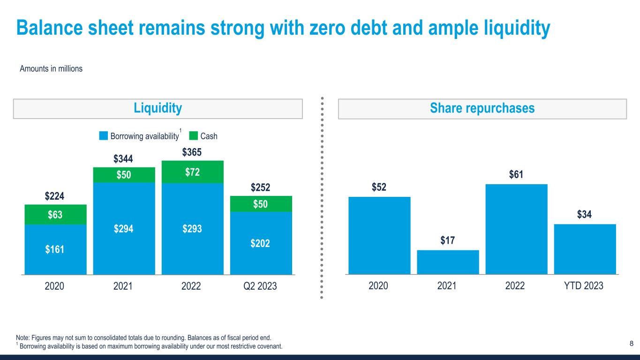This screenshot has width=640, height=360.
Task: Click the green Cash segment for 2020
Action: click(55, 215)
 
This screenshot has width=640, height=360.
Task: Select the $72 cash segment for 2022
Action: click(192, 172)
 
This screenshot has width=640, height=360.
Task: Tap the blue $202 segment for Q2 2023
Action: click(261, 243)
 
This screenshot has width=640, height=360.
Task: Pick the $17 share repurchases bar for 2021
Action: click(448, 262)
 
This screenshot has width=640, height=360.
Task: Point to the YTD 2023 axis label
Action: click(585, 286)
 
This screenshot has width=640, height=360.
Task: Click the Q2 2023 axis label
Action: click(261, 286)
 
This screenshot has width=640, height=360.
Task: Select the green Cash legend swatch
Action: click(193, 136)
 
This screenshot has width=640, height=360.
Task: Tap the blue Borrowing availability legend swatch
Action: click(103, 136)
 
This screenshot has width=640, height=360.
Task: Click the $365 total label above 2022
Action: click(192, 152)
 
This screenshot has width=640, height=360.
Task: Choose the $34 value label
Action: click(585, 215)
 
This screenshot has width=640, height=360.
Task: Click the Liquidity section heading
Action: click(158, 109)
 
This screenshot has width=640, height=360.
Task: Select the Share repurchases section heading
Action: click(482, 109)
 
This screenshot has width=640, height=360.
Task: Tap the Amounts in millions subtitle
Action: click(51, 69)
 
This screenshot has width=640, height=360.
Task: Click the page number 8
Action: click(631, 344)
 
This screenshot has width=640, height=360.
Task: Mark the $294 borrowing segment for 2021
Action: click(124, 229)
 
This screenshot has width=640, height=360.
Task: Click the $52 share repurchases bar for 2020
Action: click(379, 235)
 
